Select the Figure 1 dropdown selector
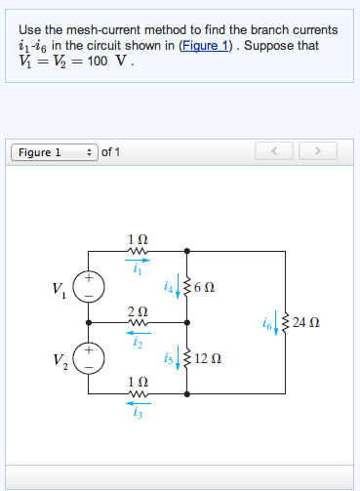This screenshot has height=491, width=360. point(53,152)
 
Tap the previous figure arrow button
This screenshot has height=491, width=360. point(274,152)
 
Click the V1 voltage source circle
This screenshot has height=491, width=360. point(89,286)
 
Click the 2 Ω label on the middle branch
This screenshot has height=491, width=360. point(138,309)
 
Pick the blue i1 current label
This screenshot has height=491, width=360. point(138,271)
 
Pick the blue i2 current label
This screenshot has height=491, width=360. point(138,343)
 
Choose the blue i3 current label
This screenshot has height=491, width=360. point(138,414)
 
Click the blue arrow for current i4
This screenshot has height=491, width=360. point(178,289)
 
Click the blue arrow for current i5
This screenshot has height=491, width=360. point(178,359)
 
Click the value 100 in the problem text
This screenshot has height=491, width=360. point(98,61)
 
